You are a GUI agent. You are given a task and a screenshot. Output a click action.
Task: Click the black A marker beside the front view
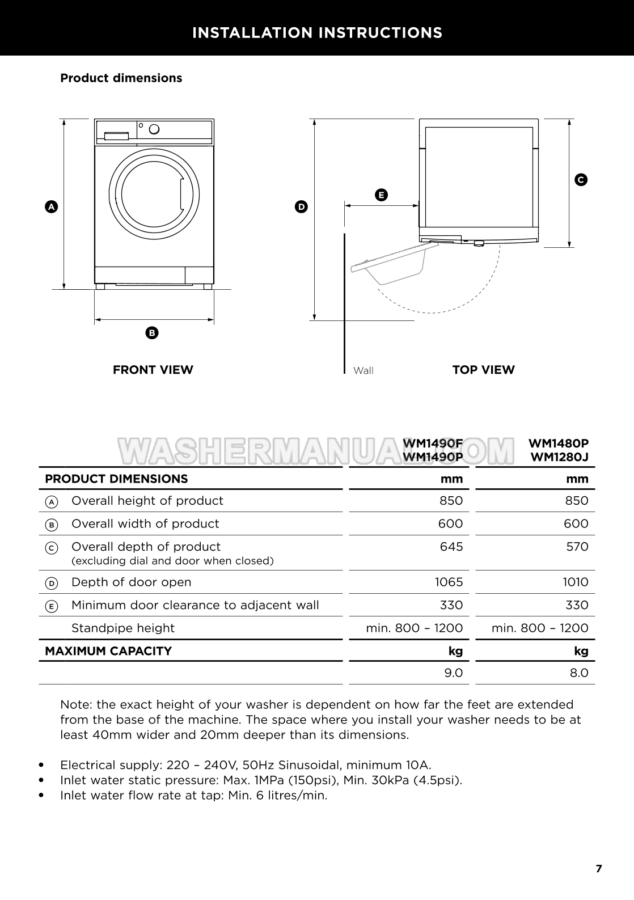[x=51, y=207]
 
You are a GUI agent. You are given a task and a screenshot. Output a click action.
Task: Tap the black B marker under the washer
[x=151, y=333]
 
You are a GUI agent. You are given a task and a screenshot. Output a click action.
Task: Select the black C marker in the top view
[x=581, y=180]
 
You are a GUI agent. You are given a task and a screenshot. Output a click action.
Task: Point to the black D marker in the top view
[x=301, y=207]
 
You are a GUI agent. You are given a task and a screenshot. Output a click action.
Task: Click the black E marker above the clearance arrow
[x=381, y=195]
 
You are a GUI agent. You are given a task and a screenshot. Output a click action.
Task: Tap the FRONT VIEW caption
[x=153, y=370]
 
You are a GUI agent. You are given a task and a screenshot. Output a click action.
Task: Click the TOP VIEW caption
[x=483, y=370]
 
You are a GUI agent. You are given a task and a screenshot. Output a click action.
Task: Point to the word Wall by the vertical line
[x=364, y=370]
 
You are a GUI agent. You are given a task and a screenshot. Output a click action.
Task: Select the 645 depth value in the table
[x=451, y=547]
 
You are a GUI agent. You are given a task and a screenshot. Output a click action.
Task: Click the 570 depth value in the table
[x=577, y=547]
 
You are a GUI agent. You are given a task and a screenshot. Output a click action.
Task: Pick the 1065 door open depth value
[x=449, y=582]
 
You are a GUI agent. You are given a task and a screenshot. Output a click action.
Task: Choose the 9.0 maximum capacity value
[x=453, y=673]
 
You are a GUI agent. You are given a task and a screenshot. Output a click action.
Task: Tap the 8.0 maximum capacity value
[x=579, y=673]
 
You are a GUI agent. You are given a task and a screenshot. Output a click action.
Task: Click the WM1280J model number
[x=559, y=457]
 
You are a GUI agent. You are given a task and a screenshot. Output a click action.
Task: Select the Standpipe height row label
[x=123, y=628]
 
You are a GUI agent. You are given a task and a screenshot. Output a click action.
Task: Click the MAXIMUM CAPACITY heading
[x=108, y=651]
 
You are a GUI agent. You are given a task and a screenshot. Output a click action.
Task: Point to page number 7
[x=599, y=868]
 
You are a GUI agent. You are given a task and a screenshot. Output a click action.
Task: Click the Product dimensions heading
[x=121, y=78]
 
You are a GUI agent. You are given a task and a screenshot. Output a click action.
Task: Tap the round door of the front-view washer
[x=154, y=195]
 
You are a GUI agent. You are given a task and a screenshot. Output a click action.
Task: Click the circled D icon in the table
[x=51, y=583]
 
